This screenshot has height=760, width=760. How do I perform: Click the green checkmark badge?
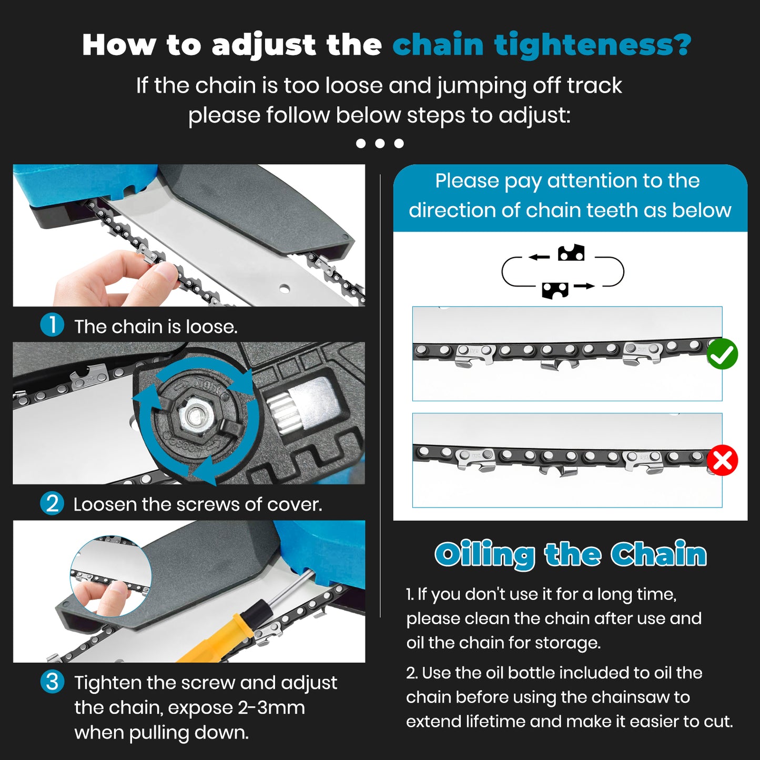tap(722, 354)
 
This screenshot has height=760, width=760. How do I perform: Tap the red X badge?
tap(722, 461)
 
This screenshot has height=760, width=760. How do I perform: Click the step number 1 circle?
tap(52, 325)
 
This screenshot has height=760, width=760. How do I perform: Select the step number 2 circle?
tap(52, 503)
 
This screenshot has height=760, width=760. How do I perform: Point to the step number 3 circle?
tap(52, 682)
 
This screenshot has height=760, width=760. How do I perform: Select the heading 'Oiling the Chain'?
tap(571, 554)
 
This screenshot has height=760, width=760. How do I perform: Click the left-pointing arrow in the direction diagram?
tap(539, 257)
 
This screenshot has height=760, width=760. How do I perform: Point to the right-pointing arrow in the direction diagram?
tap(584, 286)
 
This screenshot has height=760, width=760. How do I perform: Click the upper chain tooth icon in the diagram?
tap(571, 253)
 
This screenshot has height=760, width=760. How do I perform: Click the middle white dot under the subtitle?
tap(380, 143)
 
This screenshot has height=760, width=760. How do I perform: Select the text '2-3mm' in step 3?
tap(271, 708)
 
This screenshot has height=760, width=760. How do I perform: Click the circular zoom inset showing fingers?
tap(110, 576)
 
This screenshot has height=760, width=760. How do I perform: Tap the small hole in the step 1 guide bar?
tap(285, 288)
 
